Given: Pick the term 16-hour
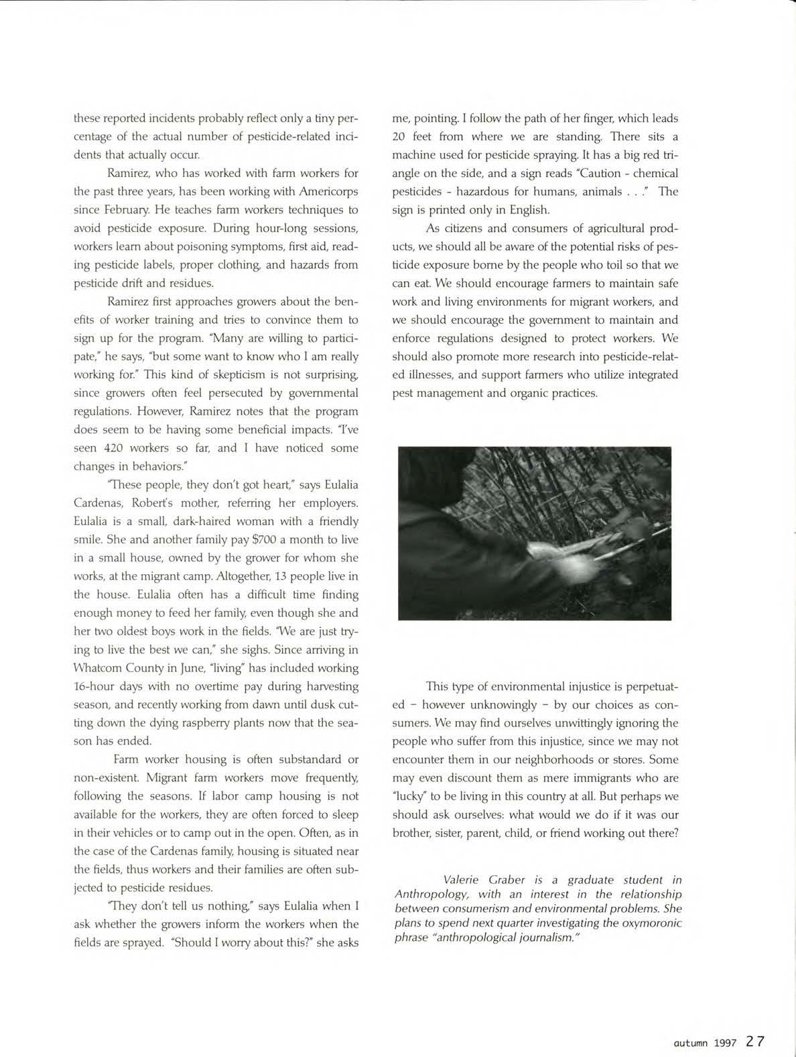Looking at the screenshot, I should [x=96, y=686].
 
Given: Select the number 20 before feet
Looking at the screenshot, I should [x=402, y=137].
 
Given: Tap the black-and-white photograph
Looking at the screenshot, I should [x=534, y=533].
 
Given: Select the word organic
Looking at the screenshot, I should [x=533, y=393].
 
